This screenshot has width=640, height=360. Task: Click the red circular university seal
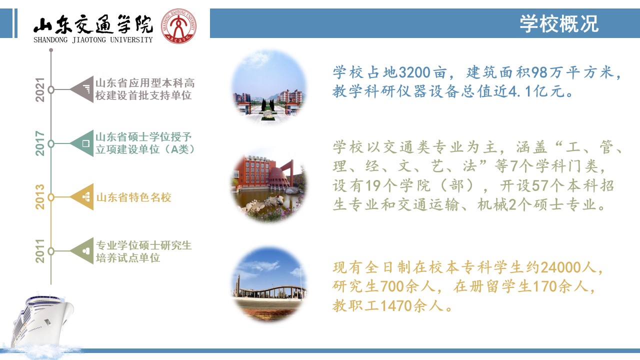[x=178, y=26]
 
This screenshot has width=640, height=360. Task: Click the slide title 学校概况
[x=559, y=23]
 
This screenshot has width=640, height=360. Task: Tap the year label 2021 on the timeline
[x=40, y=89]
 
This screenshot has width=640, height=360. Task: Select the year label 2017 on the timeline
[x=40, y=143]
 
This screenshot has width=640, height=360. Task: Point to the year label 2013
[x=40, y=197]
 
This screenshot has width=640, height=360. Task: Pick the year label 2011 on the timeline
[x=40, y=251]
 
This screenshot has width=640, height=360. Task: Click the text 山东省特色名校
[x=133, y=197]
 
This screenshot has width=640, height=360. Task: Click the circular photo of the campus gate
[x=268, y=87]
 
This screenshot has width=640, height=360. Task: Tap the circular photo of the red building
[x=268, y=185]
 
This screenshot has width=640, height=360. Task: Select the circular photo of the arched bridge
[x=268, y=284]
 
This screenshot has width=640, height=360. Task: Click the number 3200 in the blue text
[x=414, y=72]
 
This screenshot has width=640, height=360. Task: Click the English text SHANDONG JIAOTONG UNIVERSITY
[x=93, y=39]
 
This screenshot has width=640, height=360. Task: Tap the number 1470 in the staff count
[x=396, y=305]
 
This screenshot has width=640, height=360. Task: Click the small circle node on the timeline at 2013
[x=51, y=197]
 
